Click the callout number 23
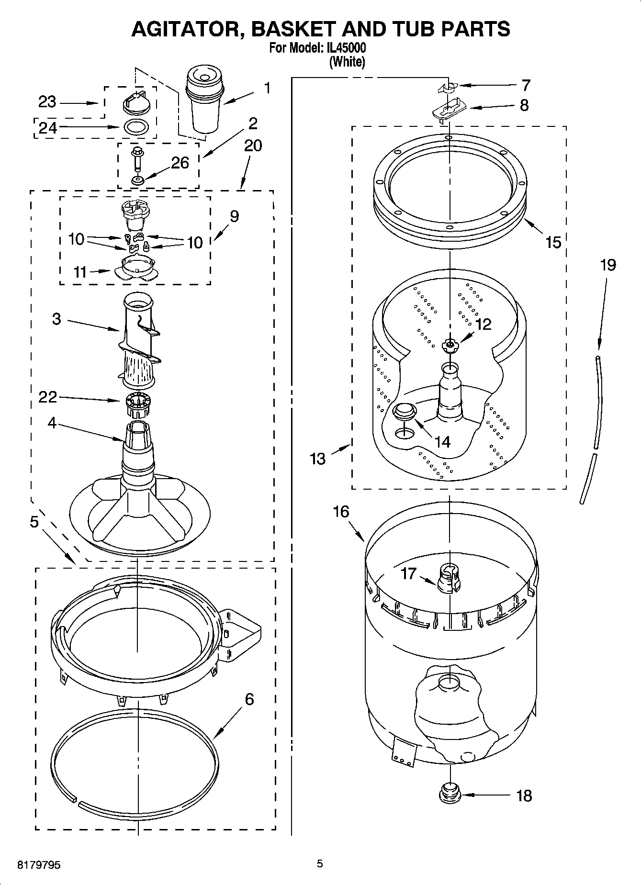[x=47, y=102]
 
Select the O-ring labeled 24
[x=135, y=128]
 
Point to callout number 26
[x=180, y=163]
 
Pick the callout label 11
[x=80, y=272]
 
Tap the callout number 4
[x=52, y=423]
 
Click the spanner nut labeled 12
[x=449, y=345]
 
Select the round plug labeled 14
[x=404, y=411]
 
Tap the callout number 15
[x=553, y=242]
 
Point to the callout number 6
[x=249, y=699]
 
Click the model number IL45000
[x=346, y=48]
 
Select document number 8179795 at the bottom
[x=39, y=865]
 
